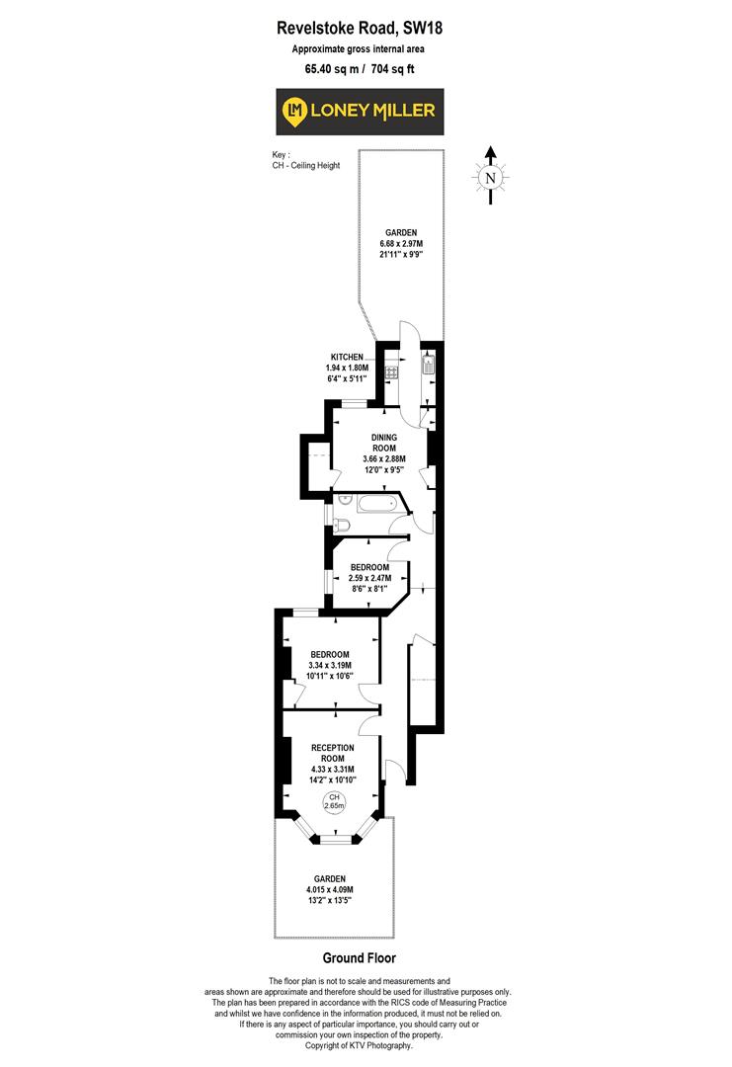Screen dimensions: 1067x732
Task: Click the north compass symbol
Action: pos(489,177)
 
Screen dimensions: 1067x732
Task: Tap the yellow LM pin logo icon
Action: pos(294,111)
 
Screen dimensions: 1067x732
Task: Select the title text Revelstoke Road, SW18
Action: pos(360,30)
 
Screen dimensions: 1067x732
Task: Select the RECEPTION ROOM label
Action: pos(332,755)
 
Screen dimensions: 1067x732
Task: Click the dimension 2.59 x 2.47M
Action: pos(371,578)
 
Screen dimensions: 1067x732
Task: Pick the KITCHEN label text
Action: pos(348,357)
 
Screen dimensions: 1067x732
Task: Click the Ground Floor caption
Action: pos(360,958)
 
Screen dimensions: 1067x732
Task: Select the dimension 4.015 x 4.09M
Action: pos(330,889)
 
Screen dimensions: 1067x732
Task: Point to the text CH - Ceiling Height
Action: pos(306,165)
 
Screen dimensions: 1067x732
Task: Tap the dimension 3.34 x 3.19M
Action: pos(330,666)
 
